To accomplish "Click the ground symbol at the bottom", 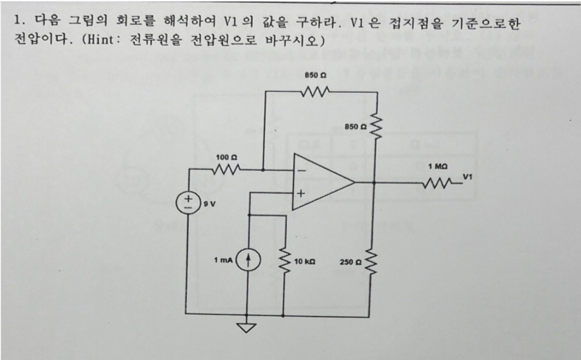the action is tap(247, 328).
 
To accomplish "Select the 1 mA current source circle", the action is tap(248, 261).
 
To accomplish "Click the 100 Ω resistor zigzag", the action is tap(226, 170).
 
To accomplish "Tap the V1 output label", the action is tap(468, 176).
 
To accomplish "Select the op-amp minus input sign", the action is tap(302, 171).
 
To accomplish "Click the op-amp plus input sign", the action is tap(301, 193).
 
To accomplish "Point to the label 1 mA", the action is tap(223, 260).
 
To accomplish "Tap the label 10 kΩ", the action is tap(304, 262).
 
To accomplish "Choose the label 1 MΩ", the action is tap(437, 167).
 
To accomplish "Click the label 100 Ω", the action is tap(227, 157).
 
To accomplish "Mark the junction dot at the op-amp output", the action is tap(374, 183).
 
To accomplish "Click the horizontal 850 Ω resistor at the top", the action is tap(315, 91).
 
